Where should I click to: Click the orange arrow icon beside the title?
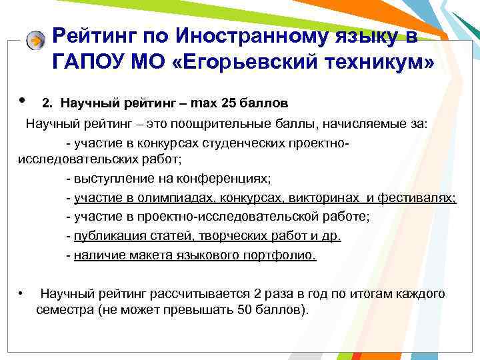pyautogui.click(x=36, y=40)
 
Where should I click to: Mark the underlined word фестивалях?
pyautogui.click(x=417, y=198)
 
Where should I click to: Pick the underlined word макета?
pyautogui.click(x=143, y=255)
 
